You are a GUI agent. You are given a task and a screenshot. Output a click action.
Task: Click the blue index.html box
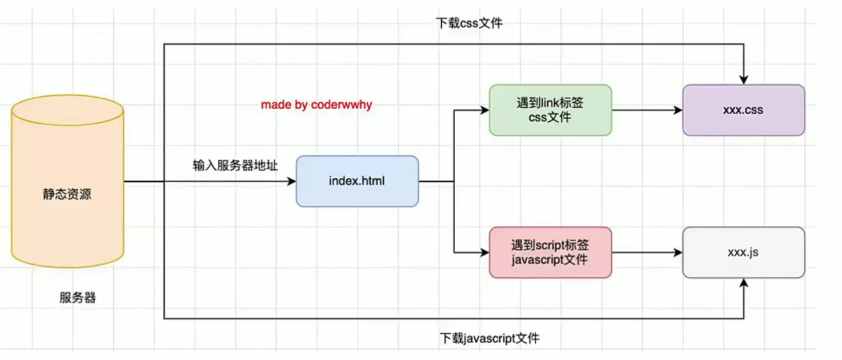pyautogui.click(x=357, y=181)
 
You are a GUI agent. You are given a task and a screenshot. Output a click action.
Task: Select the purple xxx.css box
pyautogui.click(x=743, y=110)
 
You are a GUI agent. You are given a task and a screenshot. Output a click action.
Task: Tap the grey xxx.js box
pyautogui.click(x=743, y=252)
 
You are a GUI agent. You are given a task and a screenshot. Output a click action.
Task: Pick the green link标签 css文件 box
pyautogui.click(x=550, y=110)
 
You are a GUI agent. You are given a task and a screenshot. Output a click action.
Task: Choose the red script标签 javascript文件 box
pyautogui.click(x=550, y=253)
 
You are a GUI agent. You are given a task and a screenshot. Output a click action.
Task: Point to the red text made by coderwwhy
pyautogui.click(x=316, y=105)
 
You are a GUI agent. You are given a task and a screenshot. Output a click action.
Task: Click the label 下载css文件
pyautogui.click(x=469, y=23)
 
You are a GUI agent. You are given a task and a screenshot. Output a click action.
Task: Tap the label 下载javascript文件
pyautogui.click(x=490, y=338)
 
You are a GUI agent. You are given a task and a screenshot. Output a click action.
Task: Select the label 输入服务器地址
pyautogui.click(x=235, y=166)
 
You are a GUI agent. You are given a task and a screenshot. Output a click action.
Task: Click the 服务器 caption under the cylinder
pyautogui.click(x=78, y=298)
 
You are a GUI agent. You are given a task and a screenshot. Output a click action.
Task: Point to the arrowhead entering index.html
pyautogui.click(x=292, y=182)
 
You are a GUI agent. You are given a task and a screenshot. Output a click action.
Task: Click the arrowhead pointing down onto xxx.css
pyautogui.click(x=744, y=81)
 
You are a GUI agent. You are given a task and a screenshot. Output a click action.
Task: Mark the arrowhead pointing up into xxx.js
pyautogui.click(x=744, y=283)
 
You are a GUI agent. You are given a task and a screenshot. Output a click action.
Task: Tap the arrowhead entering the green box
pyautogui.click(x=485, y=110)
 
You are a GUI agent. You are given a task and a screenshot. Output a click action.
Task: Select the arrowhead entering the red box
pyautogui.click(x=485, y=252)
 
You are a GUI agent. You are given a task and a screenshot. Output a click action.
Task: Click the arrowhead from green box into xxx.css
pyautogui.click(x=678, y=110)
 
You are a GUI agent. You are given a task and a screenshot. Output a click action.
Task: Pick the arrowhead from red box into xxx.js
pyautogui.click(x=678, y=252)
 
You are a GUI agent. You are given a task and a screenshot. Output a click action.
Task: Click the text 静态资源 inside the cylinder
pyautogui.click(x=67, y=194)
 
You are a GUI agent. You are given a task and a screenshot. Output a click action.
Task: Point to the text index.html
pyautogui.click(x=357, y=181)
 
